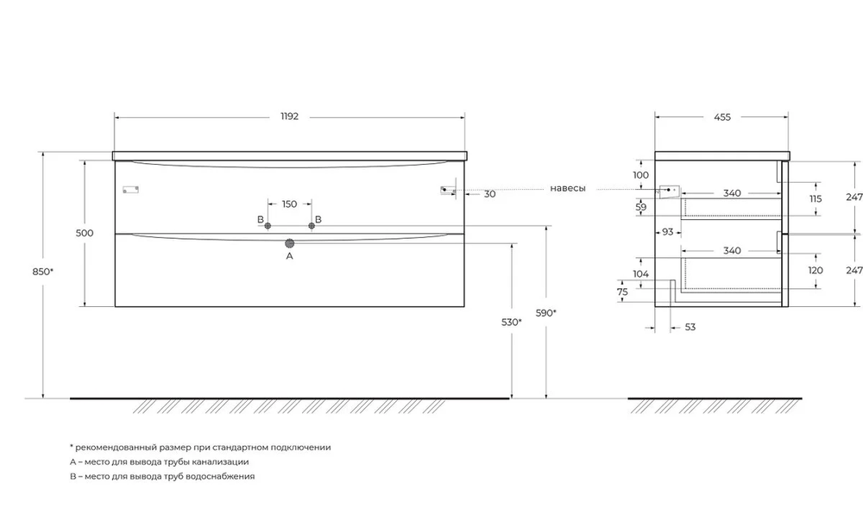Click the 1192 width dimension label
tap(289, 116)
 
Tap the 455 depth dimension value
tap(722, 117)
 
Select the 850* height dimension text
tap(42, 272)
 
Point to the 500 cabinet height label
tap(85, 233)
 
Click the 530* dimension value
tap(512, 322)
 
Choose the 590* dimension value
tap(546, 313)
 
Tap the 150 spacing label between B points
tap(289, 204)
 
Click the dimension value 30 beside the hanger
tap(490, 194)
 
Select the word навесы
tap(568, 188)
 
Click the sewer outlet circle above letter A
tap(289, 244)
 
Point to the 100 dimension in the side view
tap(641, 175)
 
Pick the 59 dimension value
tap(641, 207)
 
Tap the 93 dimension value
tap(668, 232)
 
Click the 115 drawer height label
tap(816, 198)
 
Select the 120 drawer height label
tap(816, 270)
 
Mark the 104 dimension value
tap(641, 274)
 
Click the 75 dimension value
tap(622, 292)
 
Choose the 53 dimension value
tap(690, 327)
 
